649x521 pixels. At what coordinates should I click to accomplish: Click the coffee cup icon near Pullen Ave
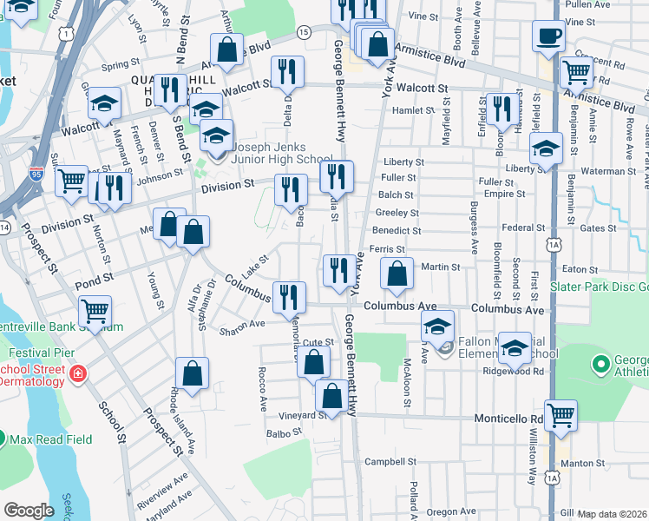click(x=548, y=37)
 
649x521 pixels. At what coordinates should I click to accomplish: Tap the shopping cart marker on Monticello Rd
click(x=560, y=416)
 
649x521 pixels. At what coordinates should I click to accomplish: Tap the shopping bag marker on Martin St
click(x=397, y=274)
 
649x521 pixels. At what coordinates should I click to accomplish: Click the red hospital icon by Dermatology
click(x=79, y=373)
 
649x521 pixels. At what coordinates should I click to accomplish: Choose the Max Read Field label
click(x=49, y=439)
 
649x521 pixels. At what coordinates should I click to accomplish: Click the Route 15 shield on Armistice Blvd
click(x=302, y=32)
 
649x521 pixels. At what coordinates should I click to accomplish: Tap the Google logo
click(x=29, y=510)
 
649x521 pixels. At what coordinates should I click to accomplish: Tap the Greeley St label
click(x=397, y=213)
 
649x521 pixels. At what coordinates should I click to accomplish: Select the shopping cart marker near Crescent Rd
click(x=576, y=72)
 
